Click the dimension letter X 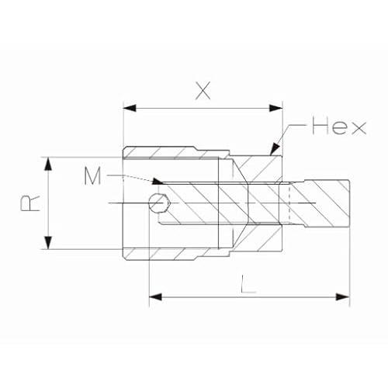pos(203,91)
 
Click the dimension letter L pos(248,284)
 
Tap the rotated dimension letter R pos(30,203)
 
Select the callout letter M pos(92,176)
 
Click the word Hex pos(339,126)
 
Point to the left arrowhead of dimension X pos(130,108)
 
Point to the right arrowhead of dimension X pos(275,108)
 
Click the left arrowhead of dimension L pos(156,297)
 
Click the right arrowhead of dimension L pos(343,297)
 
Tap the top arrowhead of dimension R pos(48,164)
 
